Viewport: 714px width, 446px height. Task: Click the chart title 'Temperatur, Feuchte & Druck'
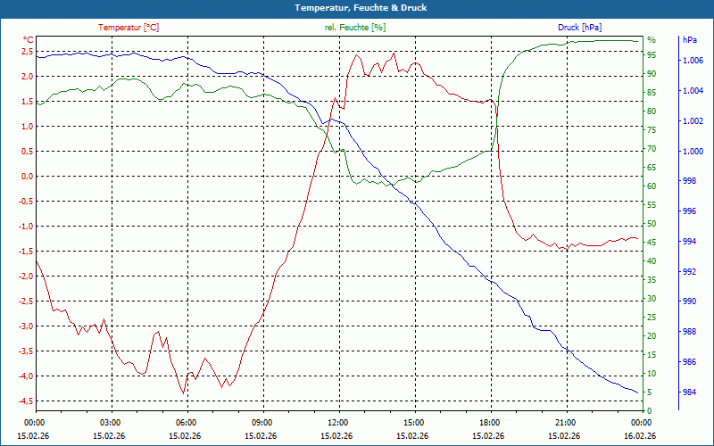(x=357, y=7)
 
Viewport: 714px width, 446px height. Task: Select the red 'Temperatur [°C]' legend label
(x=129, y=28)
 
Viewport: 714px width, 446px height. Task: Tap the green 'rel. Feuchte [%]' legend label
(x=355, y=28)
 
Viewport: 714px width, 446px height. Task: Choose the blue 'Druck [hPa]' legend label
(x=580, y=28)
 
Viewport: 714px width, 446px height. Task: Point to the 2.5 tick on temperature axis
(x=27, y=51)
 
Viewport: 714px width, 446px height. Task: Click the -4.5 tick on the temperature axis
(x=25, y=401)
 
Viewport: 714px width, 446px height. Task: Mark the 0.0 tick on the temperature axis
(x=27, y=176)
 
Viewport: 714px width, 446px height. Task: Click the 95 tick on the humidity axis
(x=652, y=54)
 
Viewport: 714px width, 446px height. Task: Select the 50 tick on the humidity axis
(x=652, y=223)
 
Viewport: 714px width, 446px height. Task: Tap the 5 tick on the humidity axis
(x=649, y=392)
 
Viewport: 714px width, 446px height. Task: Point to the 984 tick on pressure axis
(x=690, y=392)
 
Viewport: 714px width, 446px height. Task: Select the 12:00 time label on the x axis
(x=338, y=423)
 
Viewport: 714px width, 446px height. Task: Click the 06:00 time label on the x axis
(x=187, y=423)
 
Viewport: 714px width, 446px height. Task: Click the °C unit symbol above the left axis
(x=29, y=39)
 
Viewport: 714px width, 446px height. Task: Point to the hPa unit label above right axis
(x=690, y=40)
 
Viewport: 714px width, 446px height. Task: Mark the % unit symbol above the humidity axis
(x=651, y=39)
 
